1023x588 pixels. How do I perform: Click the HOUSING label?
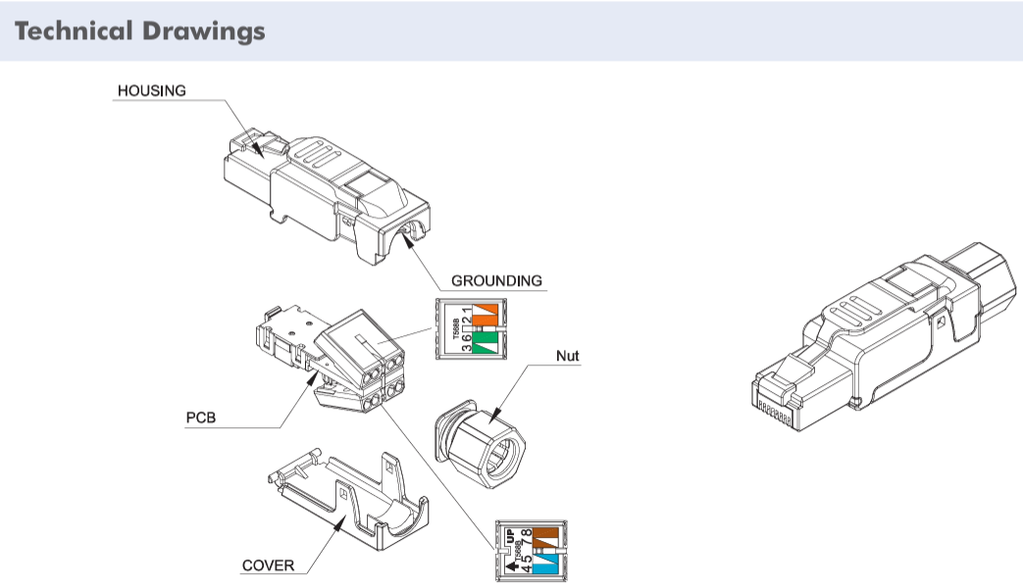tap(151, 90)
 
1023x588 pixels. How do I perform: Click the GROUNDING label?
tap(496, 280)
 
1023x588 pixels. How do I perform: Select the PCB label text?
tap(200, 417)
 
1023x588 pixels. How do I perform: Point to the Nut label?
tap(567, 357)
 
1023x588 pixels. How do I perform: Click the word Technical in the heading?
tap(74, 31)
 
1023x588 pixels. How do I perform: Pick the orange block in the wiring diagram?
tap(486, 314)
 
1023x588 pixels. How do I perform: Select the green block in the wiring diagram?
tap(486, 341)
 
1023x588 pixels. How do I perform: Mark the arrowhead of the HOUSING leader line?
tap(257, 152)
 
